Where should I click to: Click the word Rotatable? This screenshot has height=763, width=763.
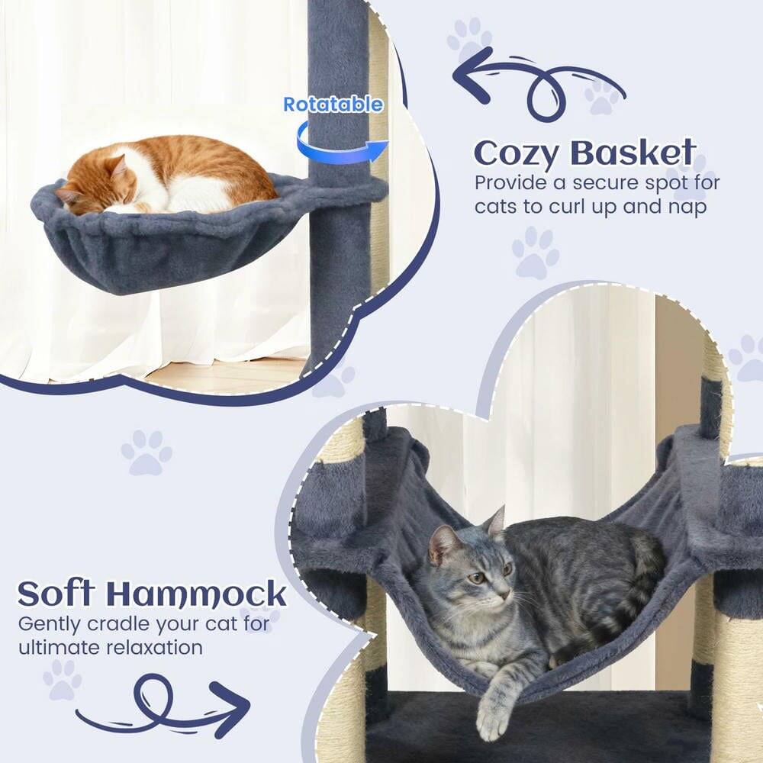click(333, 105)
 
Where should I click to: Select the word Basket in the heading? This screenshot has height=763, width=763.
click(633, 153)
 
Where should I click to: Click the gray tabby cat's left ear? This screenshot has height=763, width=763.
click(439, 540)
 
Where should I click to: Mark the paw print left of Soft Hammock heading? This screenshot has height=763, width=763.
click(146, 452)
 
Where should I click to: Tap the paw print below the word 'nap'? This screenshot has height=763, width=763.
click(536, 253)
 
